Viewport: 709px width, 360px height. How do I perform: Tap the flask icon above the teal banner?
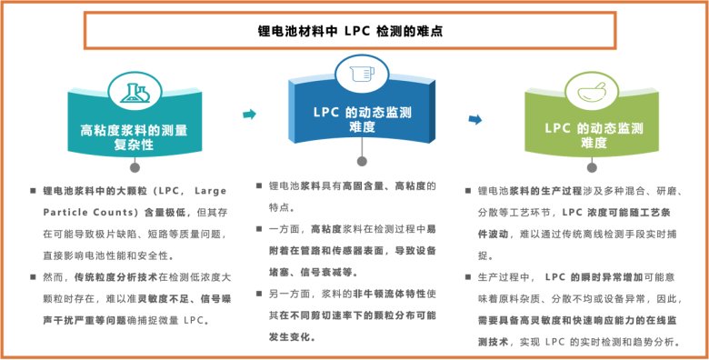coord(135,93)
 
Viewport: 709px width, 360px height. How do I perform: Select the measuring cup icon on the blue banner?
coord(362,74)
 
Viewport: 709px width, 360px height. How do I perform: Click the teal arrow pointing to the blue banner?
coord(249,114)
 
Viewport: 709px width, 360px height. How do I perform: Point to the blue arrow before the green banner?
coord(475,119)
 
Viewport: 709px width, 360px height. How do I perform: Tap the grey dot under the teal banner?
coord(135,167)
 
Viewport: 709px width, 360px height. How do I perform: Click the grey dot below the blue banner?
coord(362,161)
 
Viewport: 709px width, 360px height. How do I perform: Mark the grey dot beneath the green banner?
coord(592,167)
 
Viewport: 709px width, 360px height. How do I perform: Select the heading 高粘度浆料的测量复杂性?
coord(134,137)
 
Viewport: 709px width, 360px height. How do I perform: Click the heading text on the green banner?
coord(594,135)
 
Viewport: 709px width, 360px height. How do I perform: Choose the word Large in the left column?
coord(210,191)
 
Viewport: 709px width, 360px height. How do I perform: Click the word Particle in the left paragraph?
coord(65,212)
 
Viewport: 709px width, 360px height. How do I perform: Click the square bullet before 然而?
coord(33,277)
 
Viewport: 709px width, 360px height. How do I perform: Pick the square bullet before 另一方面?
coord(259,294)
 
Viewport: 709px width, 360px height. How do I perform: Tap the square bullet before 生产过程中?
coord(468,276)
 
